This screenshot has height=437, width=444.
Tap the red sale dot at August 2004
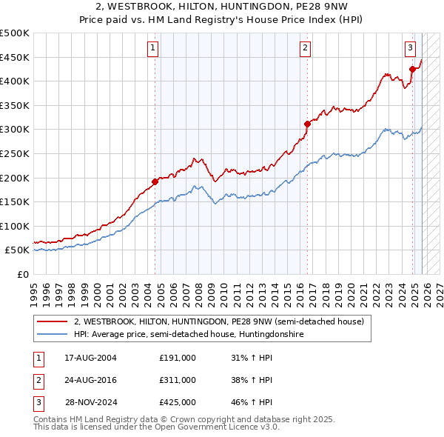(155, 181)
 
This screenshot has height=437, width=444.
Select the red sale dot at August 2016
(308, 124)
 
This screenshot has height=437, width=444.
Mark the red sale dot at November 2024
(412, 70)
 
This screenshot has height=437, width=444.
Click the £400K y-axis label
(15, 81)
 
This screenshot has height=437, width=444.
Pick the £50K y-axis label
(17, 250)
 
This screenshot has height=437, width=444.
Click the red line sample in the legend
(53, 322)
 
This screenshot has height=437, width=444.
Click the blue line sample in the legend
(53, 335)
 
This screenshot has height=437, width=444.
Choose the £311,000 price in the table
(178, 380)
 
